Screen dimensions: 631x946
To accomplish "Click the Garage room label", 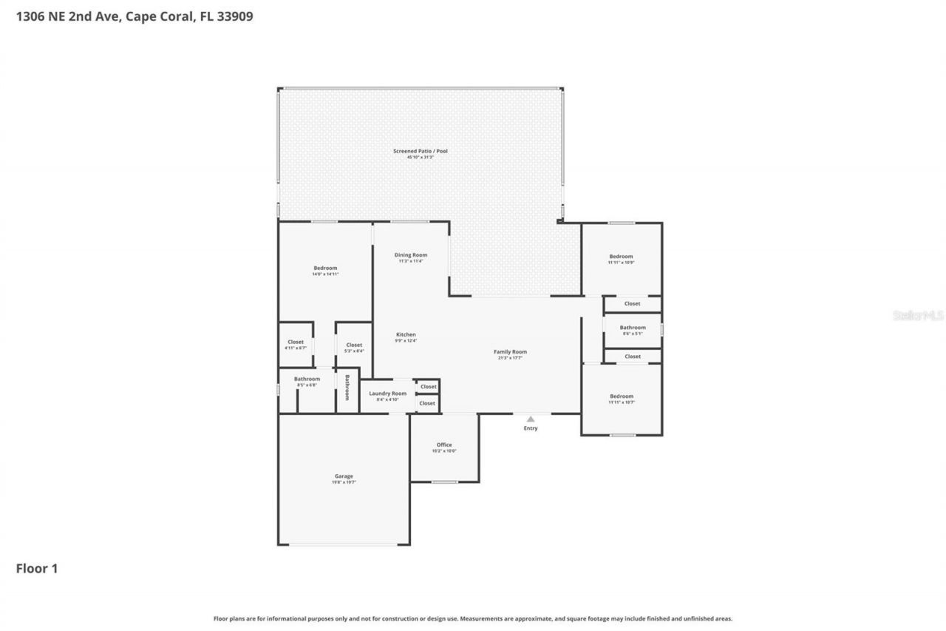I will pyautogui.click(x=344, y=476).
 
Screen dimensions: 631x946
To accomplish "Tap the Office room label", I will pyautogui.click(x=443, y=445).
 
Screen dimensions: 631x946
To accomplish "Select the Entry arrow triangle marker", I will pyautogui.click(x=531, y=419).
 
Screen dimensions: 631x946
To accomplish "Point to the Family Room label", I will pyautogui.click(x=510, y=352).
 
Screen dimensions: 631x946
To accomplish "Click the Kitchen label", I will pyautogui.click(x=406, y=335).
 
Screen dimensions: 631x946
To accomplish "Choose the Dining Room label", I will pyautogui.click(x=410, y=255).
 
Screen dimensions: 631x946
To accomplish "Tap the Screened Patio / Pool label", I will pyautogui.click(x=420, y=151).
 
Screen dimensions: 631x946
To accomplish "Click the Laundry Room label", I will pyautogui.click(x=388, y=394).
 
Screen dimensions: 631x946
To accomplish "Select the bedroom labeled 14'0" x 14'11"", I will pyautogui.click(x=325, y=269).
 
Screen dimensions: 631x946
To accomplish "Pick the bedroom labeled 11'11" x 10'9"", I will pyautogui.click(x=621, y=257).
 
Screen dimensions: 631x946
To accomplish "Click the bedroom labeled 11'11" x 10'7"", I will pyautogui.click(x=621, y=397).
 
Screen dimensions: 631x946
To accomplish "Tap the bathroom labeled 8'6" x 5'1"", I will pyautogui.click(x=633, y=328).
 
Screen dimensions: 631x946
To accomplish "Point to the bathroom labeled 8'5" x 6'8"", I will pyautogui.click(x=307, y=379).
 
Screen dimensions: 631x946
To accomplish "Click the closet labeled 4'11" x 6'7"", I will pyautogui.click(x=296, y=343).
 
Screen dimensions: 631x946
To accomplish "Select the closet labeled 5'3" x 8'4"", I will pyautogui.click(x=354, y=345).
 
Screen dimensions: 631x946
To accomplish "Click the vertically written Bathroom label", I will pyautogui.click(x=347, y=388).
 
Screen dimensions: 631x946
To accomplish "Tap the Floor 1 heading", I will pyautogui.click(x=37, y=569).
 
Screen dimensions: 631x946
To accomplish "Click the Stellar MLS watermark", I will pyautogui.click(x=918, y=315).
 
